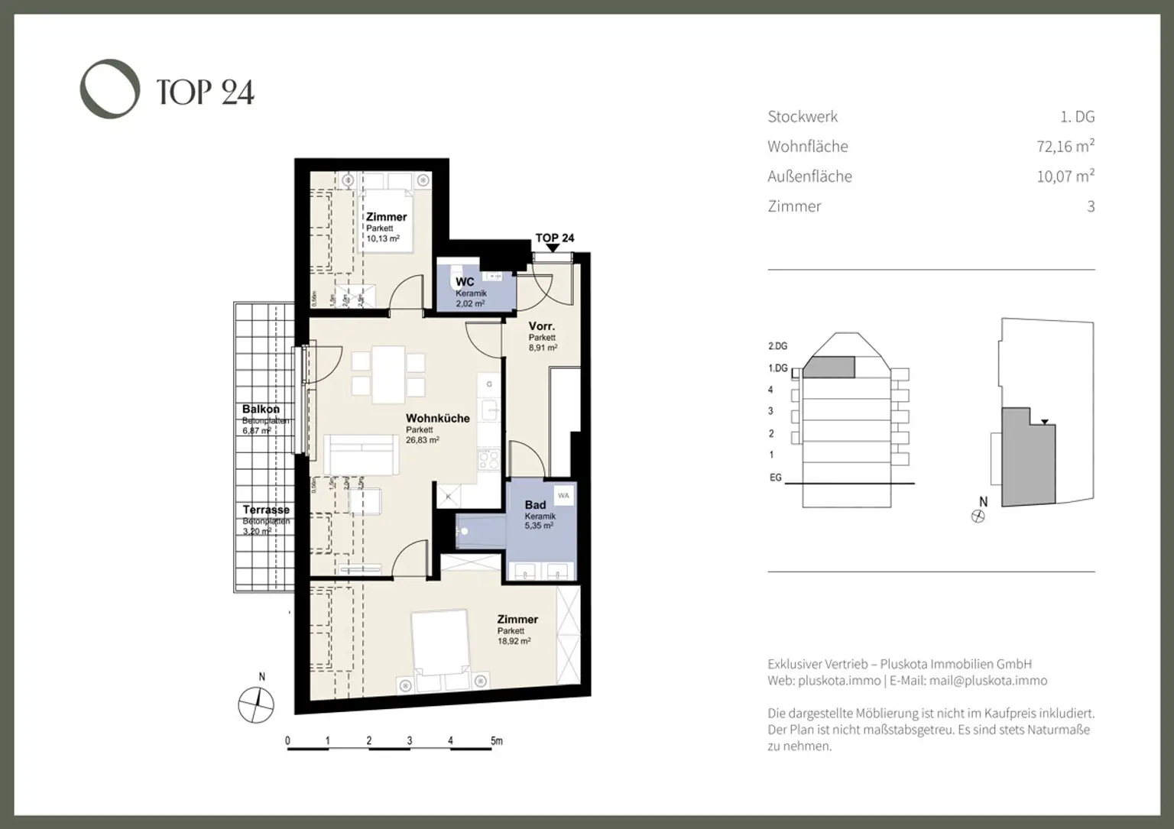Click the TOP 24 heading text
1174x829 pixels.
205,92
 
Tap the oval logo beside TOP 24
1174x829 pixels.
110,89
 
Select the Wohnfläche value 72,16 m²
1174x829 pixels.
1065,146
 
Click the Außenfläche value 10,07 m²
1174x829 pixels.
1065,176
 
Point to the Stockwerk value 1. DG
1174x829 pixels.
1077,117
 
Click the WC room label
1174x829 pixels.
465,282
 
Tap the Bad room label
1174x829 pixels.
535,505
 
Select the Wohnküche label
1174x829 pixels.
437,418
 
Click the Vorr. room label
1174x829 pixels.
541,326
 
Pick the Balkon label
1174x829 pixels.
261,410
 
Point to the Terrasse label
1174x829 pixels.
266,510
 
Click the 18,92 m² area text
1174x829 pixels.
514,642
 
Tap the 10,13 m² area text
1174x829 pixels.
382,239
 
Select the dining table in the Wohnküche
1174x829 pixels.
388,374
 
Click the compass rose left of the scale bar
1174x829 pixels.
257,704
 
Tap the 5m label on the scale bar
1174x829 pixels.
496,740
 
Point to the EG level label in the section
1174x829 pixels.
775,478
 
